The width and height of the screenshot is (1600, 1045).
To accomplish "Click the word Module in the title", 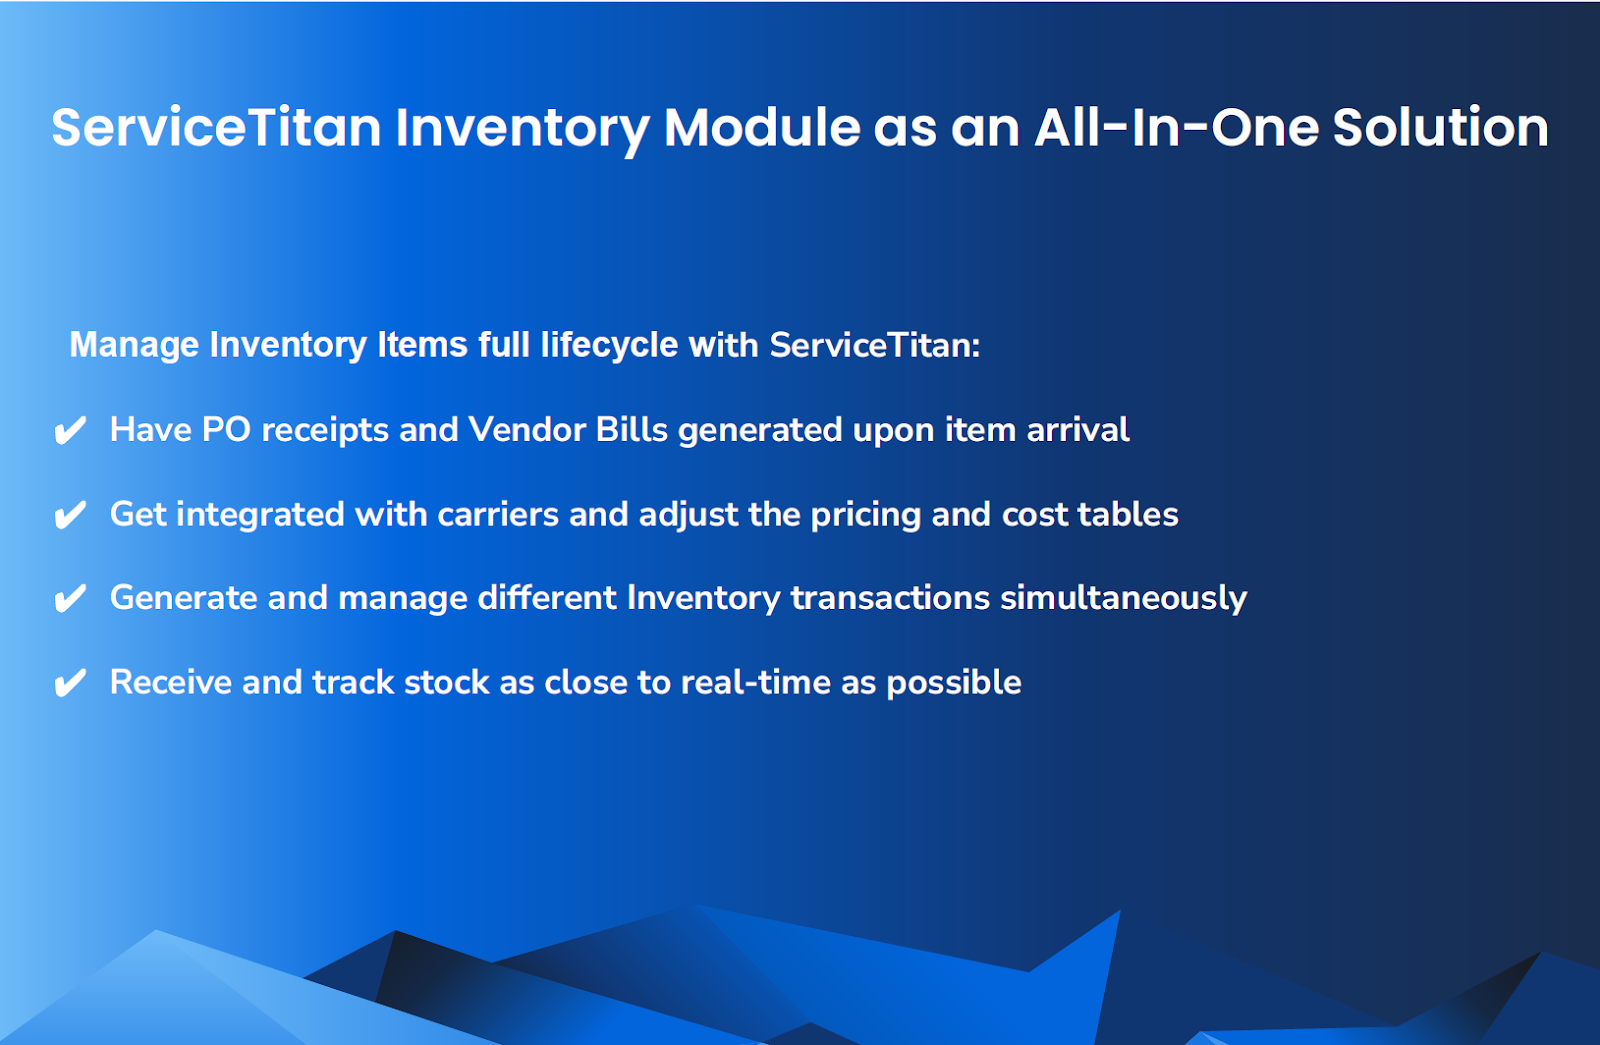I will click(761, 128).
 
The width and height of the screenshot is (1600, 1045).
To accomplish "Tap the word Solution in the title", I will click(1440, 128).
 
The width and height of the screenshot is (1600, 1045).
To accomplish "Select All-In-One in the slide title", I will click(1176, 128).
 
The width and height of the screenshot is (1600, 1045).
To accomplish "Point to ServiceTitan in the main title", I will click(216, 128).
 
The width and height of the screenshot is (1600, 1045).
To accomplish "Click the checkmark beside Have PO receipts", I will click(70, 431).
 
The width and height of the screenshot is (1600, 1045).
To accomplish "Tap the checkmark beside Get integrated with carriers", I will click(70, 515).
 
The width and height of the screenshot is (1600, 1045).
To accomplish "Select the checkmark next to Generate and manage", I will click(70, 599).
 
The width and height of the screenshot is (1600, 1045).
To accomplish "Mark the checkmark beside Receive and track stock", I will click(70, 683).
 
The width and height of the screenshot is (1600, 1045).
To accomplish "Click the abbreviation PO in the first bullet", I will click(226, 430).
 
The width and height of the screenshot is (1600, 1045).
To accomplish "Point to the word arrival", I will click(1078, 430).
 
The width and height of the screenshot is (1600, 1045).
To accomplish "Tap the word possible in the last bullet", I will click(954, 683).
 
